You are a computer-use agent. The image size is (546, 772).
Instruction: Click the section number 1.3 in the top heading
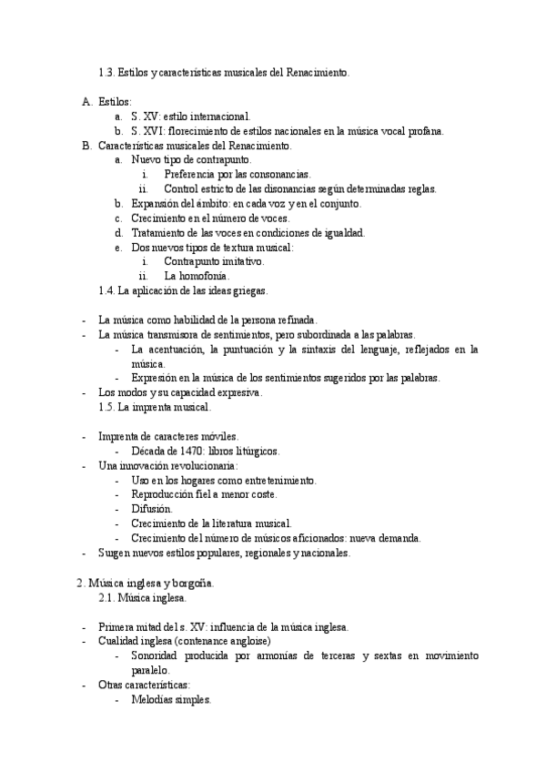[x=106, y=72]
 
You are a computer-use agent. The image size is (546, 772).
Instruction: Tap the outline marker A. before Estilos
[x=87, y=102]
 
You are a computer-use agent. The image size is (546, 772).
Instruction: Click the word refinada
[x=291, y=320]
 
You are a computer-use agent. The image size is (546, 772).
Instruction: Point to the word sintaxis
[x=321, y=349]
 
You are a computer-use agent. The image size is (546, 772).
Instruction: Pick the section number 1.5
[x=106, y=407]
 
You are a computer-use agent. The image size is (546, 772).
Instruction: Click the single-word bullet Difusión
[x=151, y=509]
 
